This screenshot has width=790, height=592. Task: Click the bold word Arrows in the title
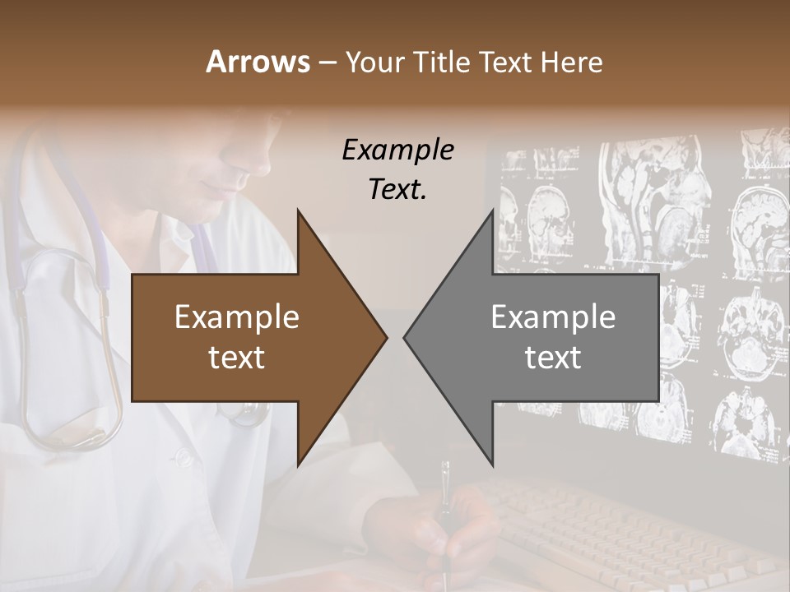[258, 62]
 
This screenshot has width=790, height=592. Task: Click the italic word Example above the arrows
[397, 150]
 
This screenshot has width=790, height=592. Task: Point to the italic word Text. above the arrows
[397, 189]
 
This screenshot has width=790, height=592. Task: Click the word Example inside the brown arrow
[237, 317]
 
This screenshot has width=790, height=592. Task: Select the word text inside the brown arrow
[237, 357]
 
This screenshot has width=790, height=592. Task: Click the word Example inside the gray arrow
[553, 317]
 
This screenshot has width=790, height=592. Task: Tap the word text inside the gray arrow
[553, 357]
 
